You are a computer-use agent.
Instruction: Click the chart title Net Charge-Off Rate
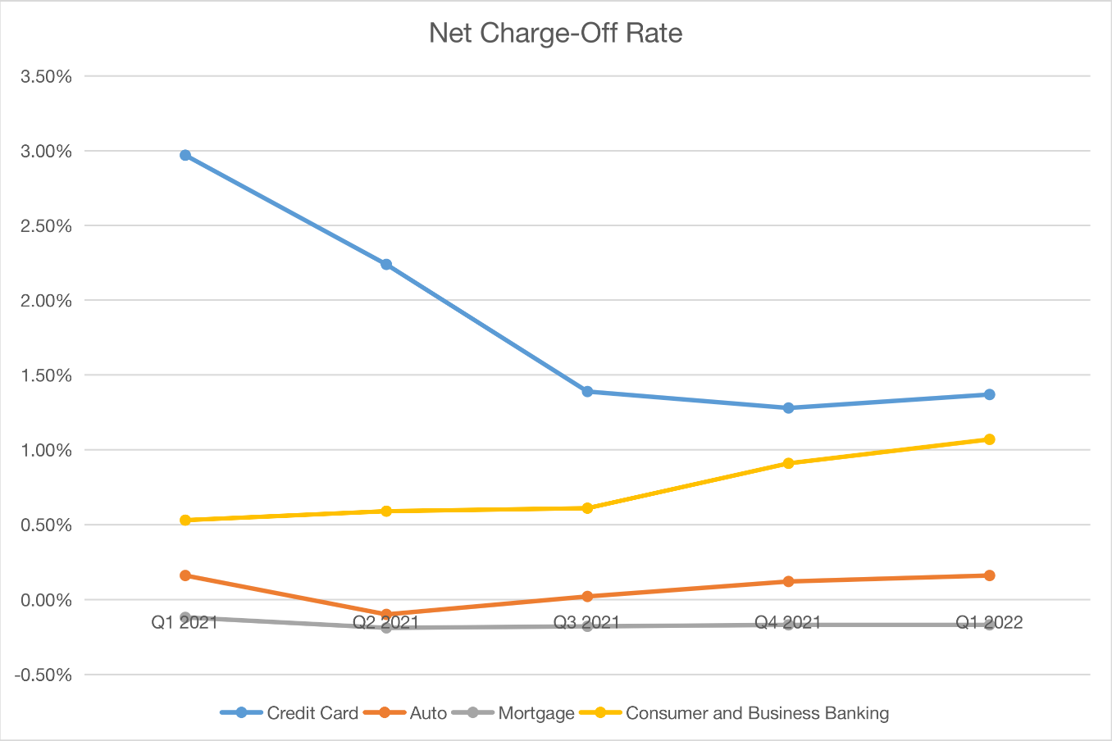click(x=555, y=33)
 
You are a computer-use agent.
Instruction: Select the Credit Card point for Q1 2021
click(x=185, y=155)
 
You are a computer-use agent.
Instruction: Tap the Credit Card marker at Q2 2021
click(x=386, y=264)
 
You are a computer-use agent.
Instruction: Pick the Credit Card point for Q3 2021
click(x=587, y=391)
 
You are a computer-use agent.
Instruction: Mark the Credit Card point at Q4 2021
click(x=788, y=407)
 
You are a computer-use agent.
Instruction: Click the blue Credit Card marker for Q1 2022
click(x=989, y=394)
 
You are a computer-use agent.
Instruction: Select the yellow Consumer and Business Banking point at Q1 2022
click(x=989, y=439)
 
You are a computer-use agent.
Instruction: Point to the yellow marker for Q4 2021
click(x=788, y=463)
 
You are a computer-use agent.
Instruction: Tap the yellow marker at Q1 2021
click(x=185, y=520)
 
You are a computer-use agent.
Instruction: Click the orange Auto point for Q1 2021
click(x=185, y=575)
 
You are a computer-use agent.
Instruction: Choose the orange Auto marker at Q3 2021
click(x=587, y=596)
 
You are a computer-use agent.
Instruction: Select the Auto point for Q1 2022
click(x=989, y=575)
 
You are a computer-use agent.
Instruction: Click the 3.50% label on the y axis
click(x=46, y=76)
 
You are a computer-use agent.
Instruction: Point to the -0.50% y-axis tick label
click(x=43, y=675)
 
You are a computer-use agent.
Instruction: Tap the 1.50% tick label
click(x=46, y=375)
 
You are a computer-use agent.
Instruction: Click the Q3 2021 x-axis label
click(x=587, y=622)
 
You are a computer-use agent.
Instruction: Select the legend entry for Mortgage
click(x=535, y=713)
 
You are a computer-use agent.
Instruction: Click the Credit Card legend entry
click(x=312, y=713)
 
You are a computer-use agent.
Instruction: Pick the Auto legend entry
click(x=427, y=713)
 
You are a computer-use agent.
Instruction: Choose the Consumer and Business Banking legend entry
click(x=756, y=713)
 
